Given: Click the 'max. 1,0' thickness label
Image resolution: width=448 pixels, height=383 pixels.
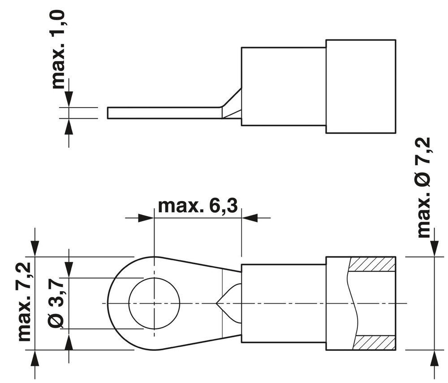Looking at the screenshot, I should point(60,50).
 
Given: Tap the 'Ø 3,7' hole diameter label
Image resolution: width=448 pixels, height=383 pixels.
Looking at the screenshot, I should point(57,302).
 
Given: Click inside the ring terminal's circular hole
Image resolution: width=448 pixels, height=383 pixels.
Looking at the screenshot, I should point(154,303).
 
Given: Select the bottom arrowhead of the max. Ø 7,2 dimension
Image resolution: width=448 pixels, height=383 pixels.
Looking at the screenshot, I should point(434,358).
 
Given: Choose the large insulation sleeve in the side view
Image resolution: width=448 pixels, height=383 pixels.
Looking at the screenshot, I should point(361,86).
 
